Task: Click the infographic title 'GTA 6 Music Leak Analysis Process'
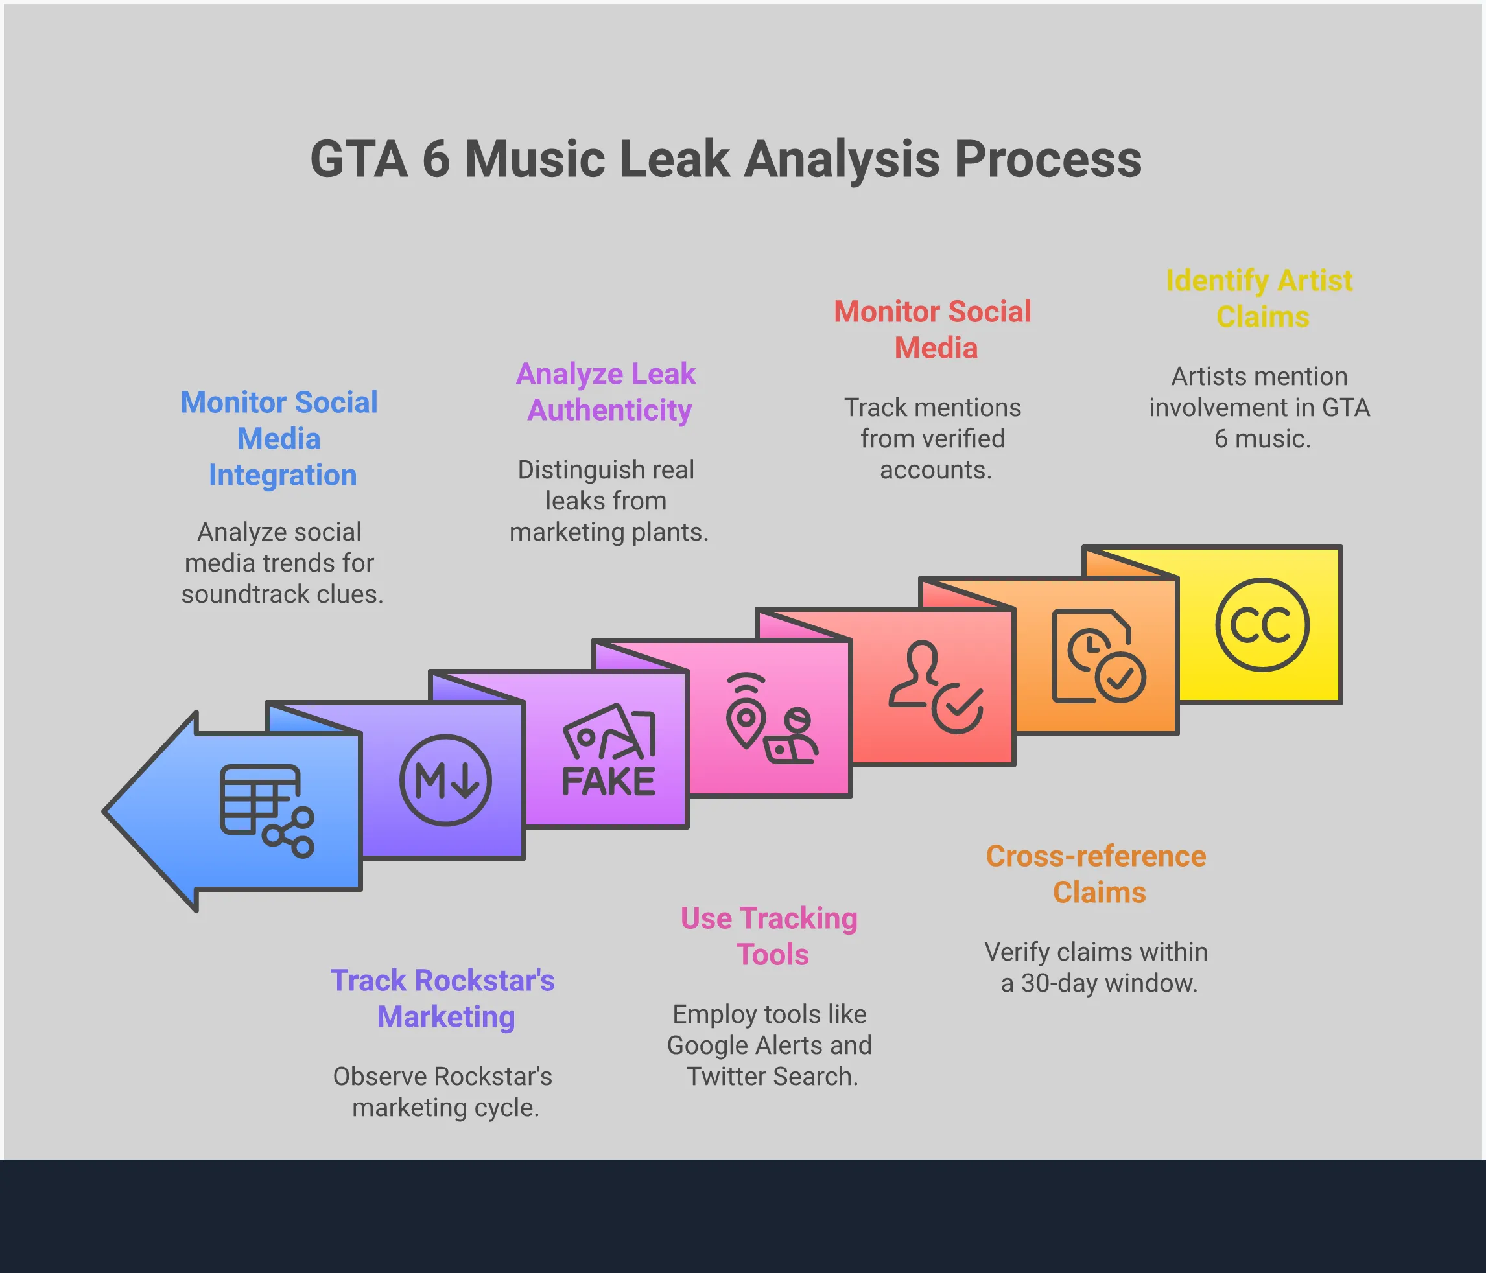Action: pos(725,159)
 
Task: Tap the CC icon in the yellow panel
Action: pos(1262,625)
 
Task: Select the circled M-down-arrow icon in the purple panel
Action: pos(445,780)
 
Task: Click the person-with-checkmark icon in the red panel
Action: pos(936,687)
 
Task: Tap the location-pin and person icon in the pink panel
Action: pos(772,719)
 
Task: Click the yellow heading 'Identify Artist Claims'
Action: pos(1260,298)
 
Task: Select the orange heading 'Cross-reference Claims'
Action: pos(1096,874)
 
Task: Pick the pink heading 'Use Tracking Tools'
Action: pos(770,936)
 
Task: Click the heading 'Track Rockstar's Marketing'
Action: pos(443,998)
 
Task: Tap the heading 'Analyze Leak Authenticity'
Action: pos(607,391)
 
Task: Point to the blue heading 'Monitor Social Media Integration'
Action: pos(279,438)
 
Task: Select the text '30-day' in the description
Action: pos(1059,983)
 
